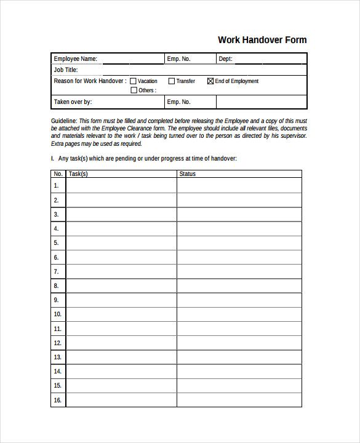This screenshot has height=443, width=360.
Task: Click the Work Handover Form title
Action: point(262,40)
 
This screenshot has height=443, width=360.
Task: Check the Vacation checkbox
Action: point(134,81)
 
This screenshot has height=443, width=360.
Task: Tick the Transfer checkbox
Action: point(172,81)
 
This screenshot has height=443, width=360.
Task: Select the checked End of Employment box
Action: point(210,81)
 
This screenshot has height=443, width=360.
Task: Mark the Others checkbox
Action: point(134,90)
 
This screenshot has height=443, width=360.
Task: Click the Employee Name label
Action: point(75,59)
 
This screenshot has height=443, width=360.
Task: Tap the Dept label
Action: point(225,59)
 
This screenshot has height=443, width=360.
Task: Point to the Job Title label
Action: point(66,70)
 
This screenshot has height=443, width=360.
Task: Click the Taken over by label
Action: point(73,102)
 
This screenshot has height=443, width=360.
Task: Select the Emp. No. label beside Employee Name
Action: point(178,59)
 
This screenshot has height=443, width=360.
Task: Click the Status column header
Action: point(187,174)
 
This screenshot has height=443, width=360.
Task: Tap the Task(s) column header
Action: point(78,174)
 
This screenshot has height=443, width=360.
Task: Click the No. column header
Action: point(58,174)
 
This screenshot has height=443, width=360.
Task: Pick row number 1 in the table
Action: point(57,185)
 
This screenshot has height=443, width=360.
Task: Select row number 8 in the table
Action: point(57,285)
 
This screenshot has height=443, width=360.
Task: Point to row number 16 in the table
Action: point(58,400)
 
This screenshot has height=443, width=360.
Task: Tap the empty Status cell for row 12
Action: point(239,343)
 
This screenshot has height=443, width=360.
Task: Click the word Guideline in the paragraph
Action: point(64,121)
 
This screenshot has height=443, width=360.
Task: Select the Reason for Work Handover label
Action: point(90,81)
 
